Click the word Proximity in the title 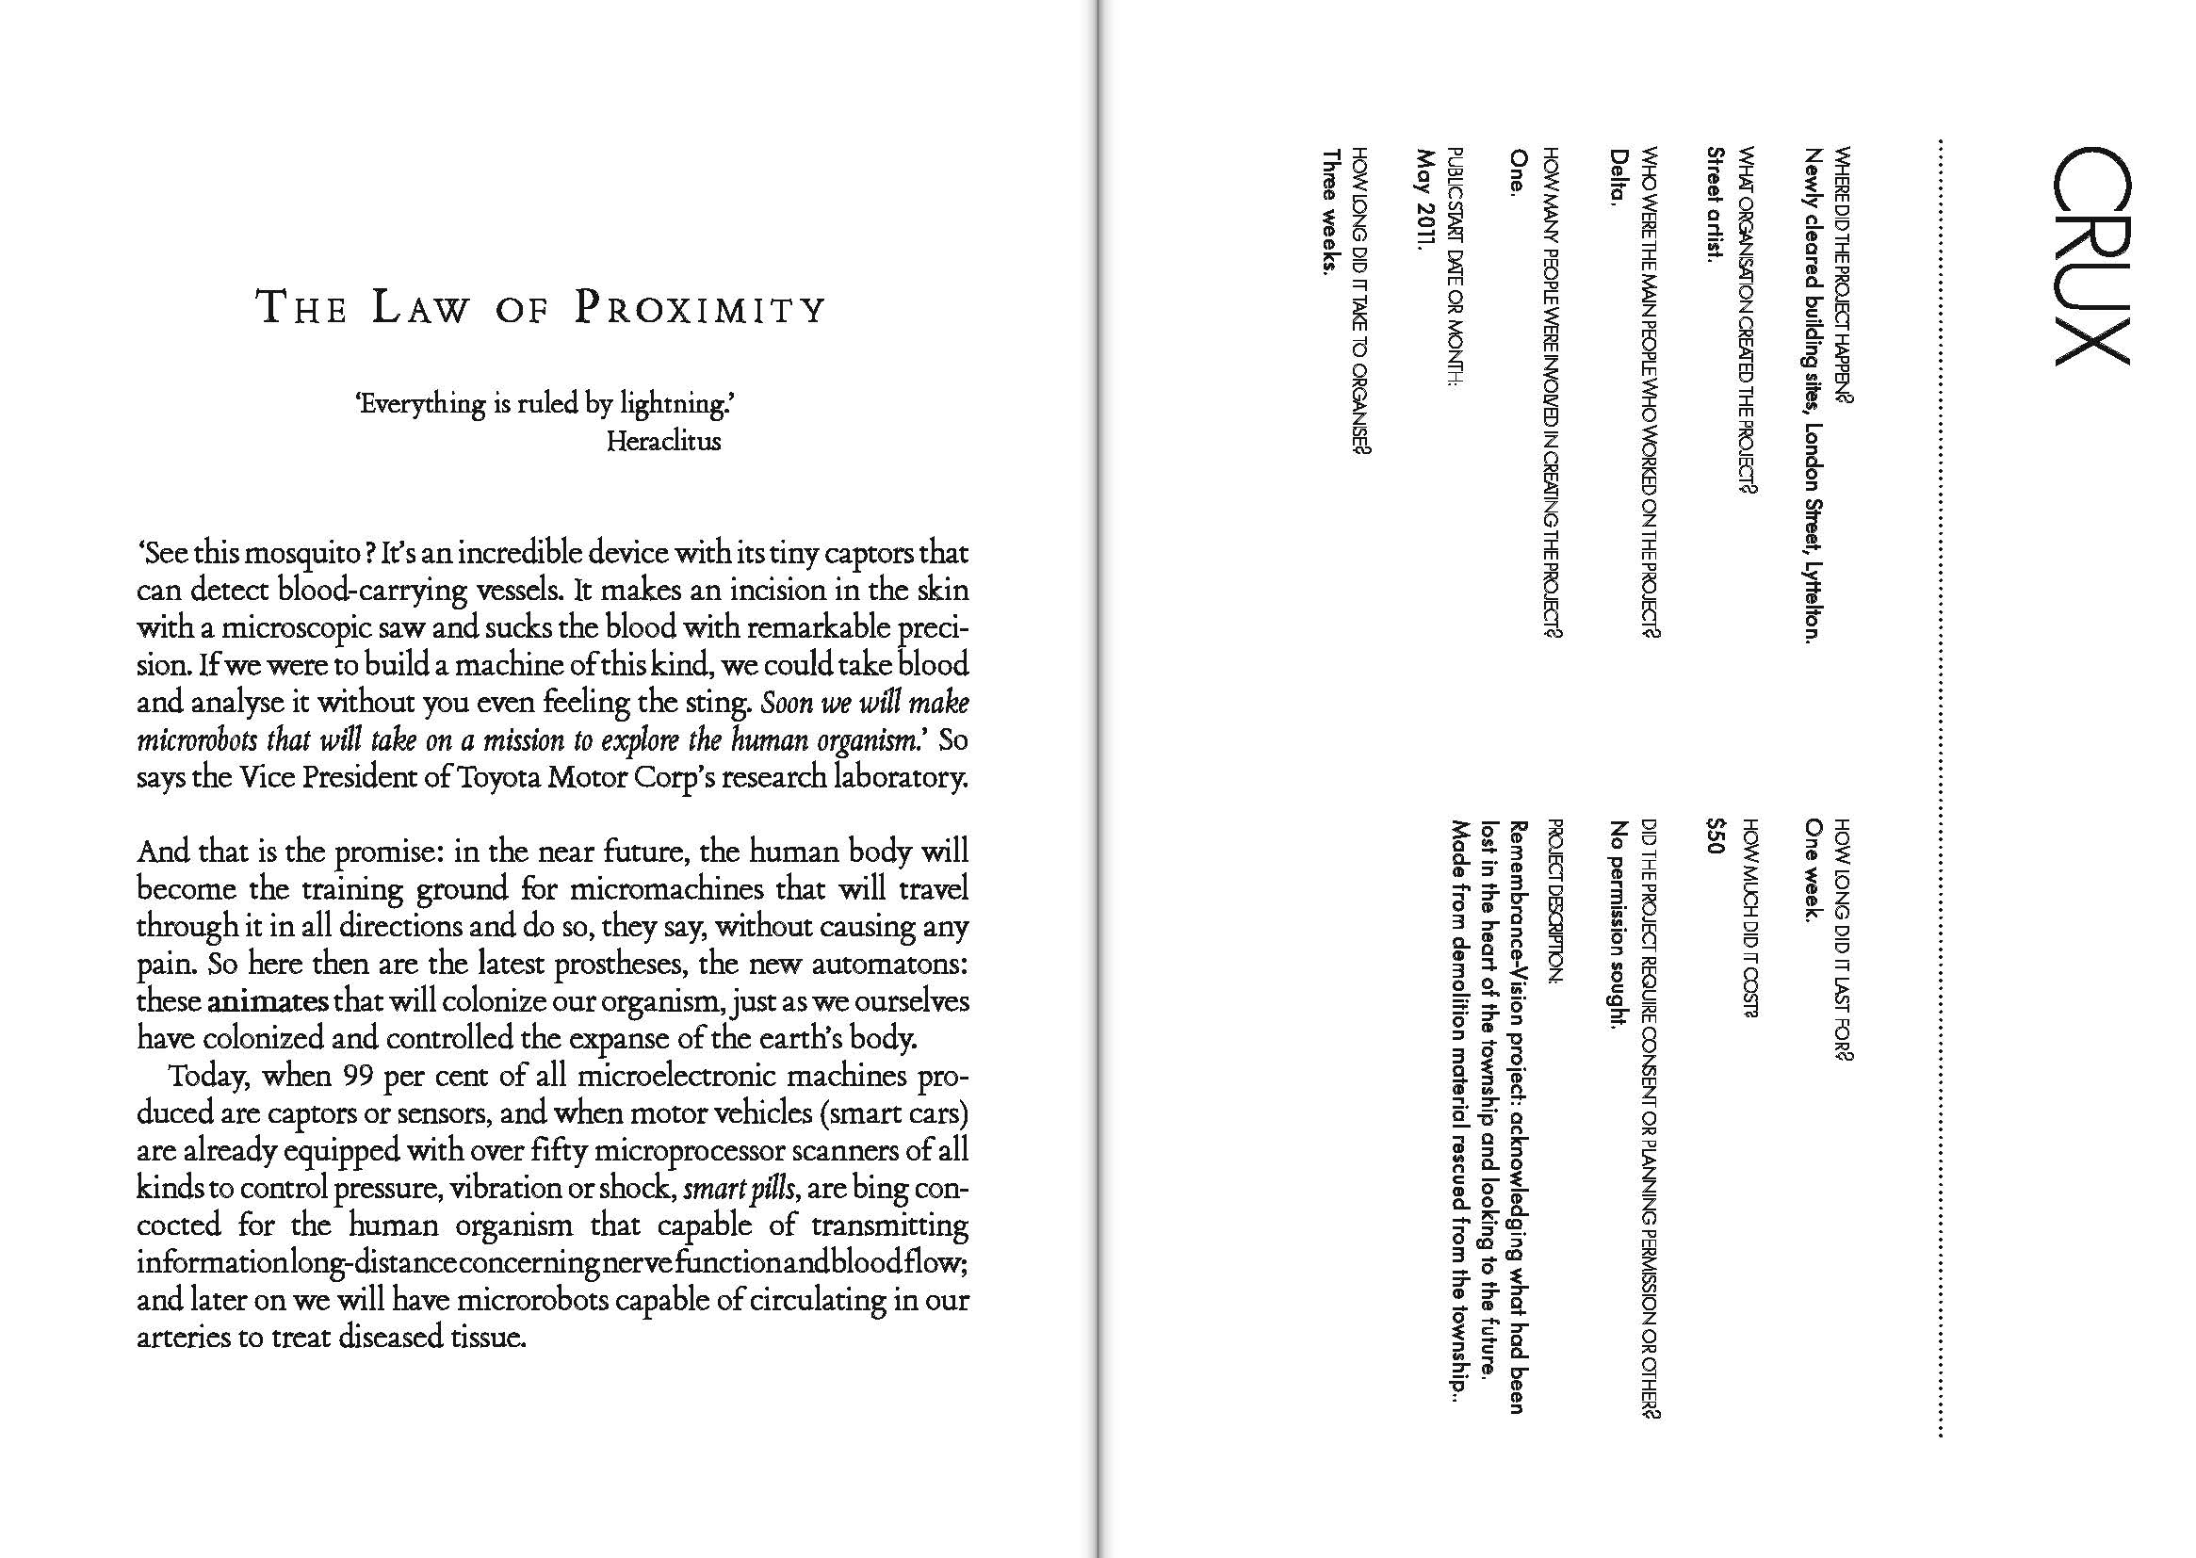699,309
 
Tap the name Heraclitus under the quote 663,441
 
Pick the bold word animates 268,1001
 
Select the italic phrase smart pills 739,1189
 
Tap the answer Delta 1619,177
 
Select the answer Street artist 1716,203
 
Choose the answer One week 1813,869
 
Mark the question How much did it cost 1749,917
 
